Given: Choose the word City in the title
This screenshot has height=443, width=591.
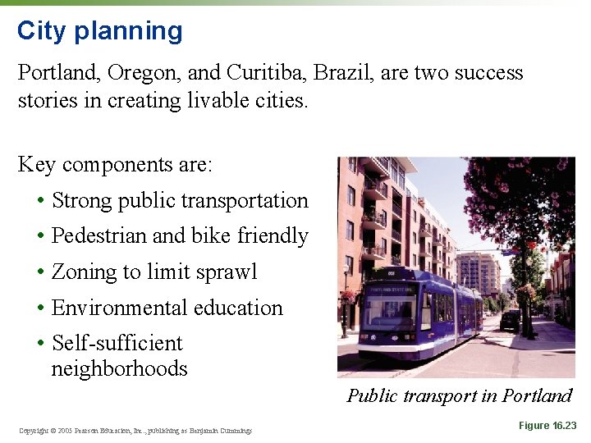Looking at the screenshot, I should (x=41, y=31).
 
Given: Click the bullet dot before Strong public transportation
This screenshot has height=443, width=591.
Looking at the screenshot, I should (x=39, y=202).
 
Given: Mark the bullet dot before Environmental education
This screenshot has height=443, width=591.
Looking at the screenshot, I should (x=39, y=309).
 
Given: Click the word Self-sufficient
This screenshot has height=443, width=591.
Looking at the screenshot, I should (x=117, y=343).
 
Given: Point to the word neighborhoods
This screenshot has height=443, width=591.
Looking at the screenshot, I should (x=119, y=369).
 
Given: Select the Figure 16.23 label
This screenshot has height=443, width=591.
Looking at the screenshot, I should (x=547, y=426).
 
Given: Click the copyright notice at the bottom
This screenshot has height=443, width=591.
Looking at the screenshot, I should (x=135, y=431).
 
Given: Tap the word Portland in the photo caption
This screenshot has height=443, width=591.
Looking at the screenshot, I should (x=537, y=396).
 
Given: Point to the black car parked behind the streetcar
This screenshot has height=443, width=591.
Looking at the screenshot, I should (x=510, y=320).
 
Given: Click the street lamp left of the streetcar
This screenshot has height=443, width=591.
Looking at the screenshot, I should (x=345, y=308).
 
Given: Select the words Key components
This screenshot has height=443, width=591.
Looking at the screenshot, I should (x=99, y=165).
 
